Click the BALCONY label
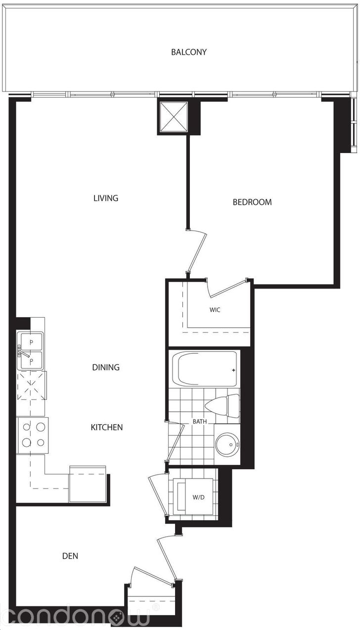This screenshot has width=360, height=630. [x=189, y=52]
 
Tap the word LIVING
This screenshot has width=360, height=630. [x=106, y=198]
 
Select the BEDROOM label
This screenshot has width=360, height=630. [x=252, y=202]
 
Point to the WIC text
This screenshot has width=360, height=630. [x=215, y=310]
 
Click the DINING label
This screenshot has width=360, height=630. [x=106, y=367]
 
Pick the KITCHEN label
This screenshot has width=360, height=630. [x=106, y=427]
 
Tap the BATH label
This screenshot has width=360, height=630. [x=200, y=422]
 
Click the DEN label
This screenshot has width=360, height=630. [x=70, y=556]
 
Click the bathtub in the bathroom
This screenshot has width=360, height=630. [x=204, y=368]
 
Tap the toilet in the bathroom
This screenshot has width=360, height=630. [x=222, y=405]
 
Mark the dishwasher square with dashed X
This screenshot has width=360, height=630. [x=32, y=386]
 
